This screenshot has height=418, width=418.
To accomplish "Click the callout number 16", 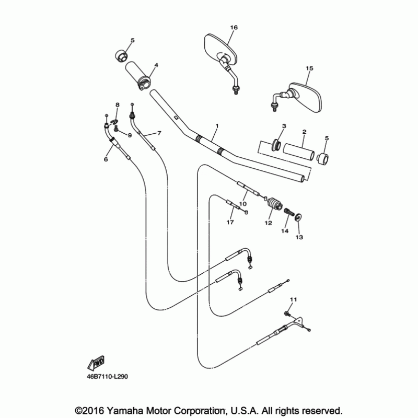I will click(x=233, y=27).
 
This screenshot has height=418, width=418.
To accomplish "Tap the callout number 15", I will click(x=309, y=68).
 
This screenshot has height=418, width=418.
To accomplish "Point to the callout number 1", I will click(x=216, y=126).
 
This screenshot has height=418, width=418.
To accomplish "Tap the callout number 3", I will click(x=284, y=126).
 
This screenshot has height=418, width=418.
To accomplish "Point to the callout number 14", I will click(x=285, y=230).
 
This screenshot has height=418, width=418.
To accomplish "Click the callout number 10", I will click(x=242, y=204).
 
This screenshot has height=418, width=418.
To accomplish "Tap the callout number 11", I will click(x=293, y=299).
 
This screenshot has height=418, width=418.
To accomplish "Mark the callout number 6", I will click(x=106, y=159).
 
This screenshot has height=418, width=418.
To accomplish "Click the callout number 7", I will click(x=159, y=133).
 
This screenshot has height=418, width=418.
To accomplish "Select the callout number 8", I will click(x=118, y=105).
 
